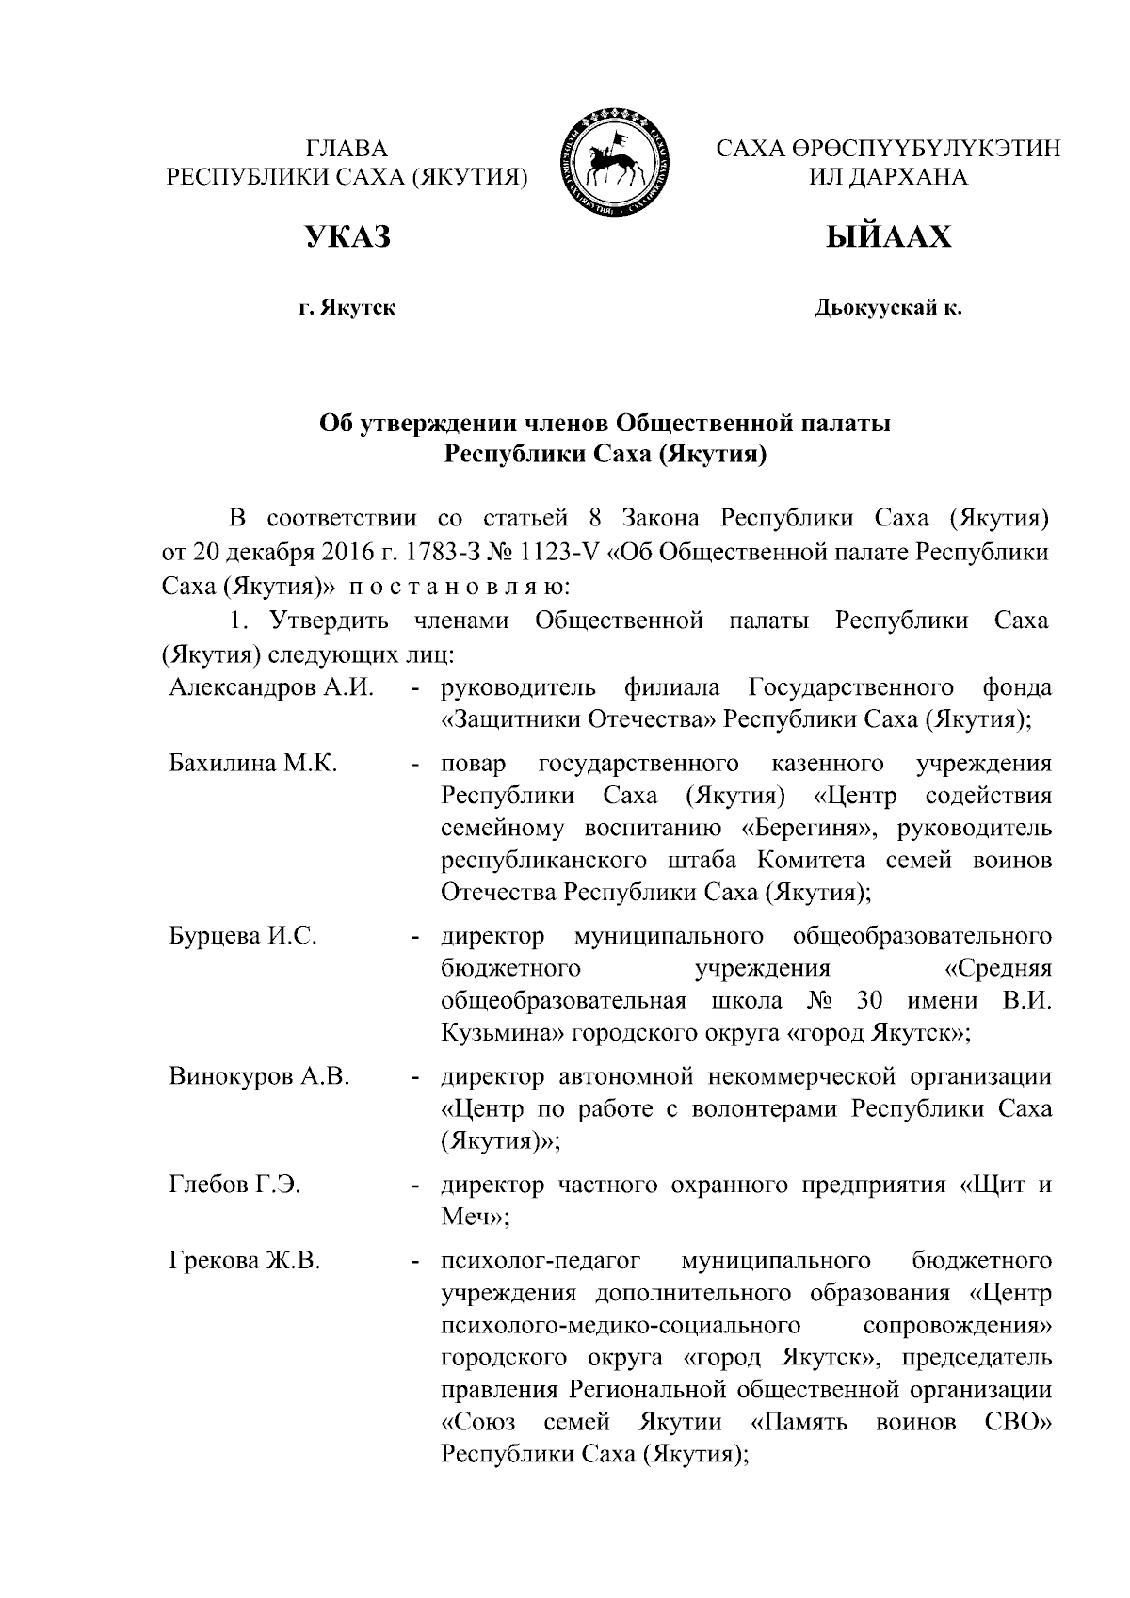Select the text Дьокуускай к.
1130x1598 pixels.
pos(888,307)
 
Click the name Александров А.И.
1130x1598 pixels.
pos(271,688)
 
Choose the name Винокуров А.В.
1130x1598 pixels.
pos(259,1076)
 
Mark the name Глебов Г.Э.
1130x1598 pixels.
pos(234,1185)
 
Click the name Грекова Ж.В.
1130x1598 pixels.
pos(245,1261)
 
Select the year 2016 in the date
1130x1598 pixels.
pos(302,552)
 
